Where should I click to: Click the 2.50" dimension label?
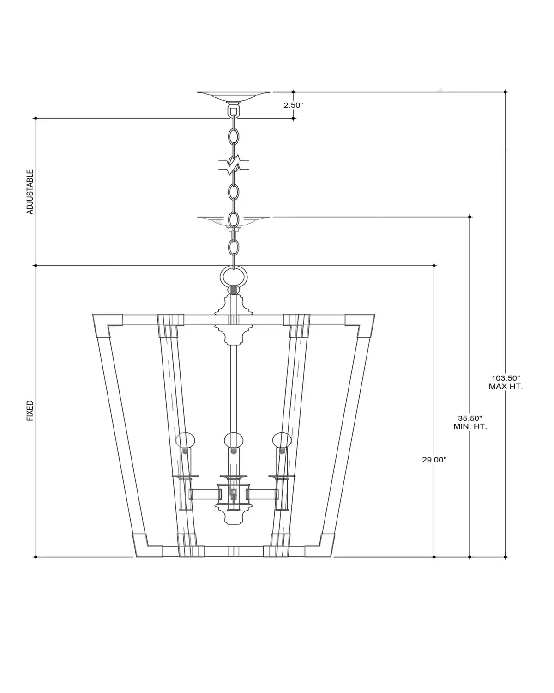[x=293, y=105]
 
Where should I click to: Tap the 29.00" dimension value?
[x=434, y=460]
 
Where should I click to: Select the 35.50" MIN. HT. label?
[x=470, y=422]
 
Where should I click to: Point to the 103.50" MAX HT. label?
[x=506, y=382]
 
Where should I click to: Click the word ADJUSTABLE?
[x=30, y=192]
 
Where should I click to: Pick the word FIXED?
[x=30, y=411]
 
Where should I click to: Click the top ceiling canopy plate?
[x=234, y=96]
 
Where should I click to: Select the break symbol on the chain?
[x=234, y=165]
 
